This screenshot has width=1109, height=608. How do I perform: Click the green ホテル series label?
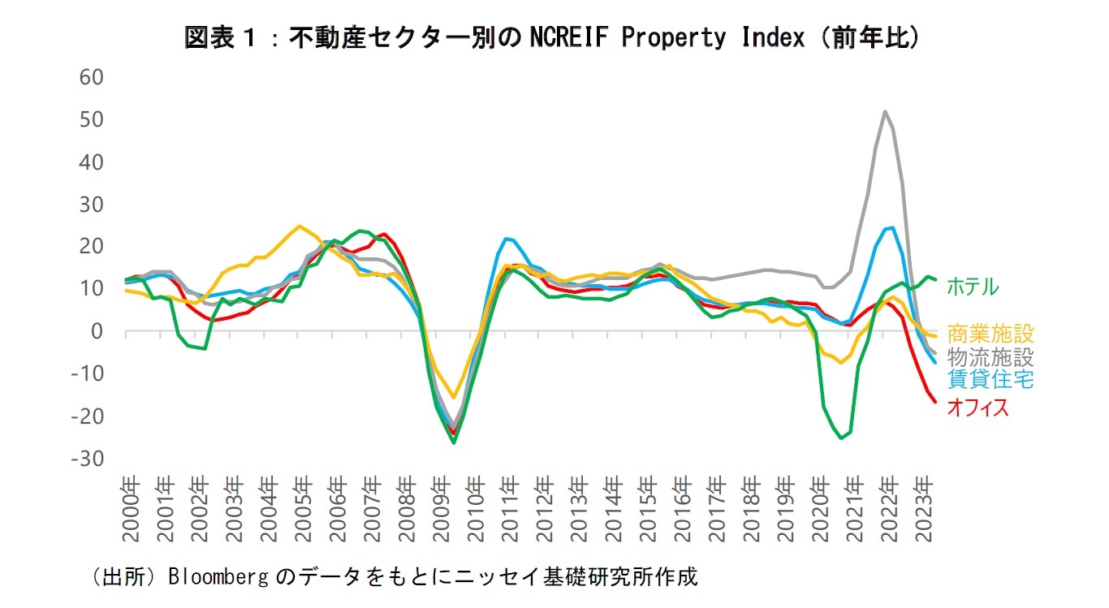point(973,286)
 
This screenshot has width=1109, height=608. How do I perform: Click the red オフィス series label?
point(977,407)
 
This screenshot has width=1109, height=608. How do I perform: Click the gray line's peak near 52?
point(884,111)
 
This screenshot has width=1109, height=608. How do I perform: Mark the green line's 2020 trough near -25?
point(842,438)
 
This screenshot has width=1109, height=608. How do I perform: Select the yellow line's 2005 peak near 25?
point(300,226)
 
